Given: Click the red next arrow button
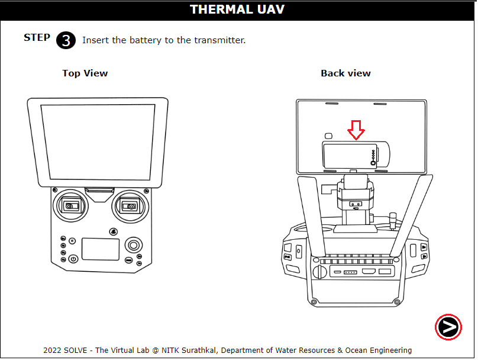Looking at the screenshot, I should point(448,327).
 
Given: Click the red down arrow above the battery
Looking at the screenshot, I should point(356,130).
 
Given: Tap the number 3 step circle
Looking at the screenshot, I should point(66,40).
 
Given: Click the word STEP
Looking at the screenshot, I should point(37,38).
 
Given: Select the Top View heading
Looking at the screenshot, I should point(85,73).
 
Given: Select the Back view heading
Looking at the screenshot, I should point(345,73).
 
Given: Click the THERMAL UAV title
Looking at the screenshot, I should point(237,9).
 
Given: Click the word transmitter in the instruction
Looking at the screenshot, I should point(221,40).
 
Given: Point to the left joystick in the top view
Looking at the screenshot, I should point(70,206).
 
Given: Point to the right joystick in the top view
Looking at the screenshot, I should point(128,206).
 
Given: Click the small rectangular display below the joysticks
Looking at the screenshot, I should point(100,249).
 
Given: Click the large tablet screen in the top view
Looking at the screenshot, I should point(98,142).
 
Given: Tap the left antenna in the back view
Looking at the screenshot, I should point(312,214).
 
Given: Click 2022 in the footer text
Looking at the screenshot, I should point(53,351).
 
